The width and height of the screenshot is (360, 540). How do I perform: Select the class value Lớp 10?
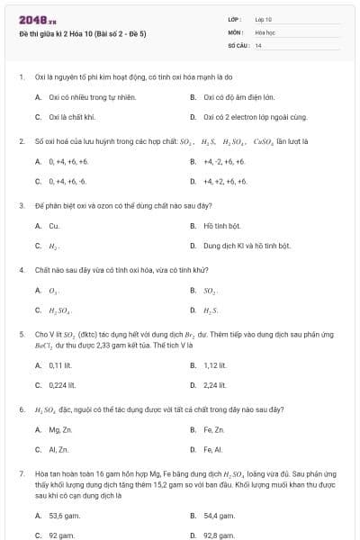[264, 19]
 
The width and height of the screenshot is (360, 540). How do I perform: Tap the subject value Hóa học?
[265, 31]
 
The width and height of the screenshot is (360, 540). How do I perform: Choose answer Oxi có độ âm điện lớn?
[231, 96]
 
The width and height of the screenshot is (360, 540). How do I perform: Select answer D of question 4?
[211, 310]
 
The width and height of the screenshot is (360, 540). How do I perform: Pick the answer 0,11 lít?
[60, 365]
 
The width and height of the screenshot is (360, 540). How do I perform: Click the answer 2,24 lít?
[214, 385]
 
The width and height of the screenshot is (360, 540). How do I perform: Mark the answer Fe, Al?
[212, 450]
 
